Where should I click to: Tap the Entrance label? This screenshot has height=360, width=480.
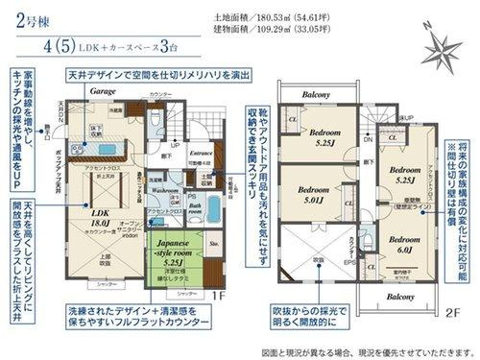(201, 152)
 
